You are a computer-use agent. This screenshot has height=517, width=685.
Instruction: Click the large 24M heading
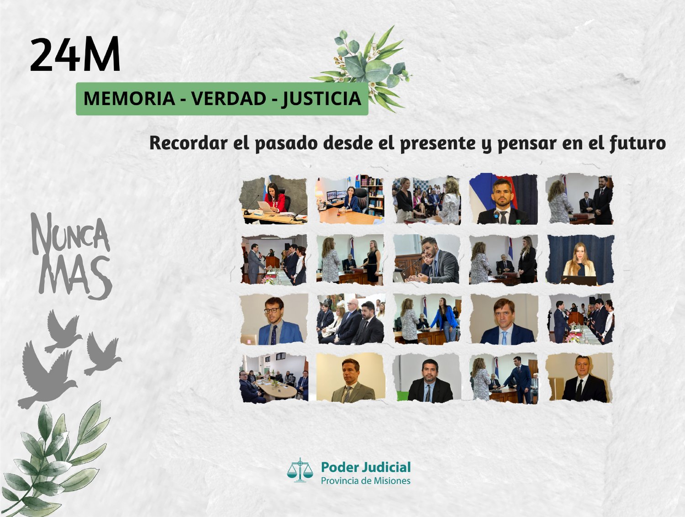click(75, 54)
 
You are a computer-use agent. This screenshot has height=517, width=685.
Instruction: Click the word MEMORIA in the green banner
click(129, 99)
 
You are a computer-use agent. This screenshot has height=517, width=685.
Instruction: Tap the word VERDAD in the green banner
click(228, 99)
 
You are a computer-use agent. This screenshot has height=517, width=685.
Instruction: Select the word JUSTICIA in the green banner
click(321, 99)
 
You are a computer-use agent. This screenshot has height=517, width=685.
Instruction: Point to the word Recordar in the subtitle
click(188, 143)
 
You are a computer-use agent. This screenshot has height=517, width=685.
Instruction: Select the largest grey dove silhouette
click(47, 375)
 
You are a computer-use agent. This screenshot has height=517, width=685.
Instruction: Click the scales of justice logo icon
click(300, 470)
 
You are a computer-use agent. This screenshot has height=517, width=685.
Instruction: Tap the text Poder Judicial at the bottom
click(366, 467)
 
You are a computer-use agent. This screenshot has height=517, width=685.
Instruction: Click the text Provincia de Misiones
click(366, 480)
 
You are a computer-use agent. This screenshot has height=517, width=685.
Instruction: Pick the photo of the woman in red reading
click(274, 200)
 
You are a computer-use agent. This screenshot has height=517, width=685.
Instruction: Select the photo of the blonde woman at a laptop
click(580, 260)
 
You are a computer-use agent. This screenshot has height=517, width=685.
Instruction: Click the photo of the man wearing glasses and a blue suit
click(274, 319)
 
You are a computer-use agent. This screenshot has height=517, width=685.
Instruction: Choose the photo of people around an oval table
click(274, 378)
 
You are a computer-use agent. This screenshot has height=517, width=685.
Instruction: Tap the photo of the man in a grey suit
click(351, 378)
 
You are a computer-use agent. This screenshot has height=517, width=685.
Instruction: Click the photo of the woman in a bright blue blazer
click(427, 319)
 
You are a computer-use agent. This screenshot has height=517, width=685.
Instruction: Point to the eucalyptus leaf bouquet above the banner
click(362, 69)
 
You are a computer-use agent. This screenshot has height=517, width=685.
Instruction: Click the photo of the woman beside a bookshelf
click(350, 200)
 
